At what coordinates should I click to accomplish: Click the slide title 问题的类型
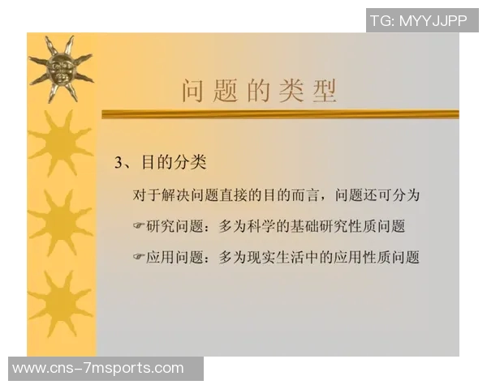pyautogui.click(x=258, y=91)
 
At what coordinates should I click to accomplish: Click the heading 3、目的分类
pyautogui.click(x=160, y=162)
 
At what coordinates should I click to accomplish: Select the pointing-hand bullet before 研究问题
pyautogui.click(x=139, y=227)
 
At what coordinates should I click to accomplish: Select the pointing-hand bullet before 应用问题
pyautogui.click(x=139, y=258)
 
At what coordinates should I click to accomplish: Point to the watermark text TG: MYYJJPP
pyautogui.click(x=418, y=21)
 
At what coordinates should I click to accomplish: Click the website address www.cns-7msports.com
pyautogui.click(x=98, y=369)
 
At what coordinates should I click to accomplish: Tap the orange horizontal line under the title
pyautogui.click(x=280, y=115)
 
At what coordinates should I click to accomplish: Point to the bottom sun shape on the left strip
pyautogui.click(x=61, y=303)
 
